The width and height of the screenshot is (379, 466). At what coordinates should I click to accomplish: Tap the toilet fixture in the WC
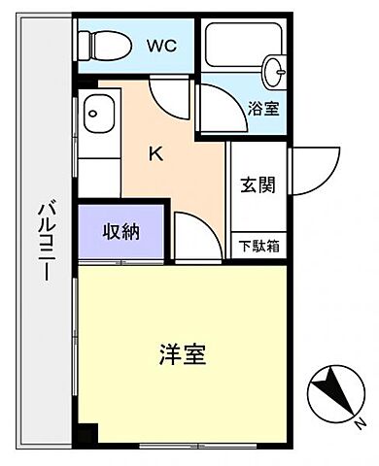(105, 44)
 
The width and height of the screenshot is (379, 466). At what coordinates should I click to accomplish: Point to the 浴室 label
(263, 108)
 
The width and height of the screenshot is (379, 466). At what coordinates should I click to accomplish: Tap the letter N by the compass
(360, 422)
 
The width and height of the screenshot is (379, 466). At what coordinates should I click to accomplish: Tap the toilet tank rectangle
(84, 43)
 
